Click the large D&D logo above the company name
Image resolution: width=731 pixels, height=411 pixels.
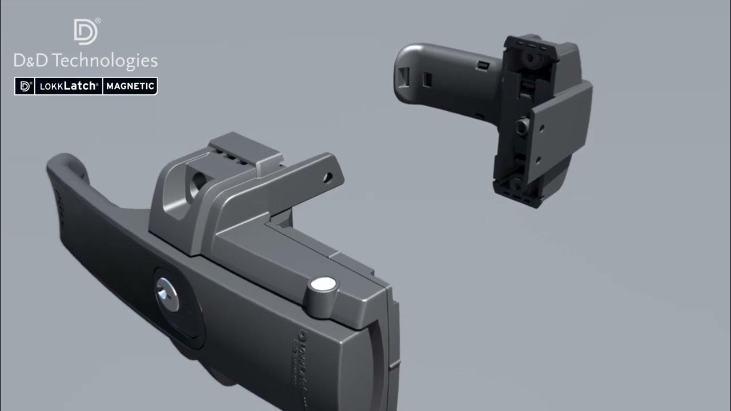(x=86, y=31)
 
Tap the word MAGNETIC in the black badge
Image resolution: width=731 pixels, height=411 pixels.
(x=130, y=86)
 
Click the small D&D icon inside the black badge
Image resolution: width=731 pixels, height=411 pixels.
(x=25, y=86)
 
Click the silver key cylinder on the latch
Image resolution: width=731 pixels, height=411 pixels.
(x=166, y=293)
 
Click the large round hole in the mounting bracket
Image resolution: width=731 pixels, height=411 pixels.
(x=197, y=185)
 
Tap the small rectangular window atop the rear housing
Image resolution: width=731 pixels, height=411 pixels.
(x=484, y=66)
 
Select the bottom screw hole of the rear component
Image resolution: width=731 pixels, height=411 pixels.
(x=516, y=184)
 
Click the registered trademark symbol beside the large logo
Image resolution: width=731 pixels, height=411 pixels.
(x=98, y=21)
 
